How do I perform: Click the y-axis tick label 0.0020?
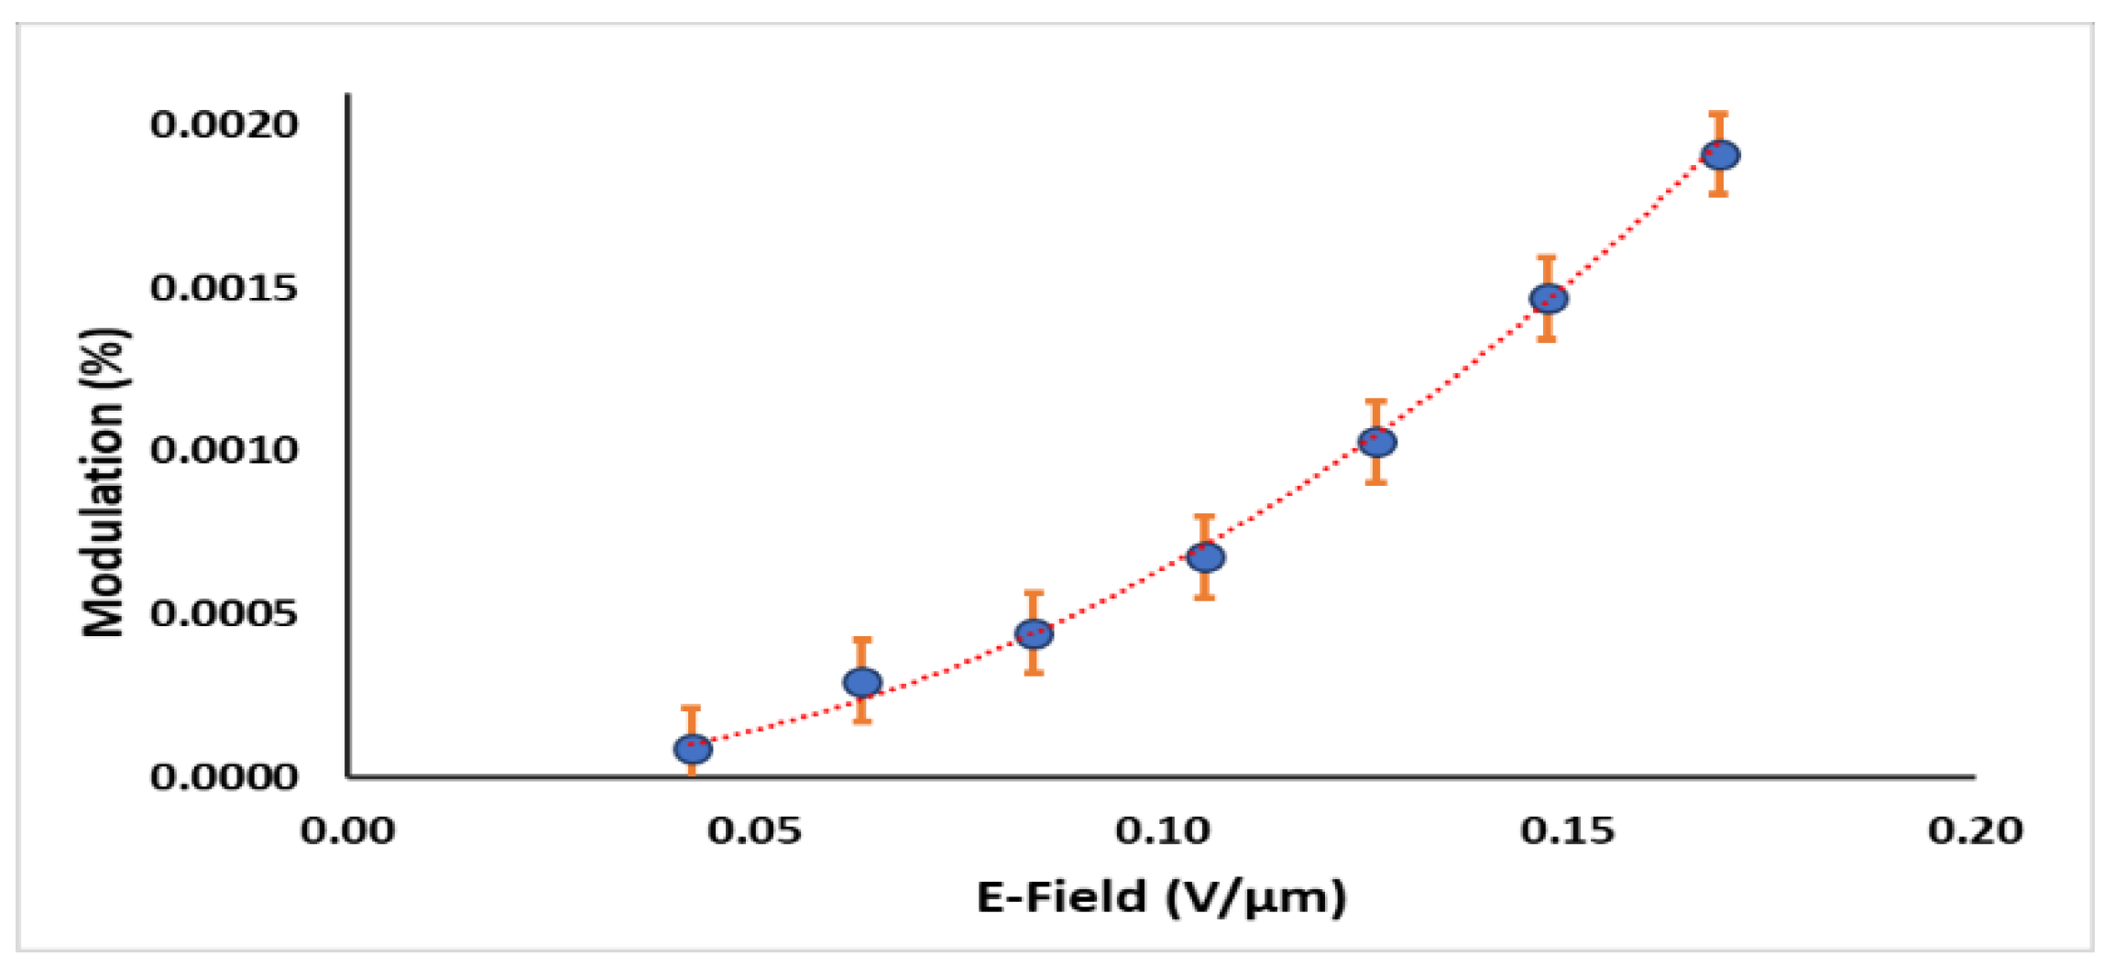(x=225, y=126)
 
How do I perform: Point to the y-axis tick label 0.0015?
(x=225, y=289)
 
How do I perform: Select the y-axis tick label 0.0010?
(x=225, y=450)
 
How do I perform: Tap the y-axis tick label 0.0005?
(x=225, y=613)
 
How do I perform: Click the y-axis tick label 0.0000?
(x=225, y=776)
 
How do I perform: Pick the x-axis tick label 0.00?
(x=347, y=831)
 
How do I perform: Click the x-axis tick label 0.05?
(x=754, y=831)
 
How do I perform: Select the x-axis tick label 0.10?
(x=1162, y=831)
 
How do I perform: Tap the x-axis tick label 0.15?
(x=1568, y=831)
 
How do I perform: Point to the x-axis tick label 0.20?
(x=1976, y=831)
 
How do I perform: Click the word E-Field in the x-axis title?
(x=1060, y=896)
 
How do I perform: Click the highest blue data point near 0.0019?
(x=1720, y=155)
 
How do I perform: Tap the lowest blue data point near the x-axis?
(x=693, y=749)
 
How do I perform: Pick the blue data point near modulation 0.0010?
(x=1376, y=443)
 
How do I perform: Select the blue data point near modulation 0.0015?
(x=1548, y=299)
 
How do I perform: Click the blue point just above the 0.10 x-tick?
(x=1206, y=557)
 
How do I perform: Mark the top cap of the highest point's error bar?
(x=1719, y=115)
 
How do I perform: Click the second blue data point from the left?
(x=862, y=682)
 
